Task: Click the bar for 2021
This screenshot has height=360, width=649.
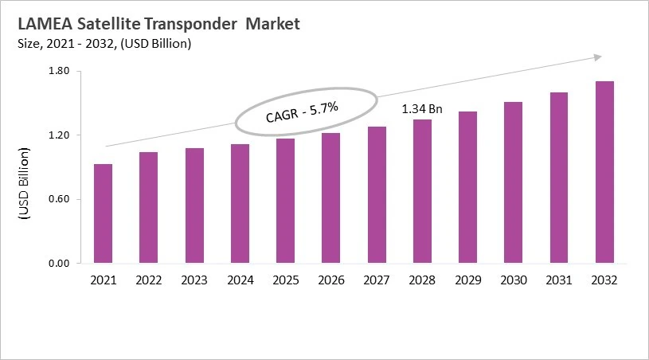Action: [x=103, y=213]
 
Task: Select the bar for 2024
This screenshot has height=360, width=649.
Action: [x=240, y=203]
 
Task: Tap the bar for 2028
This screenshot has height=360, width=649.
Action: [x=422, y=191]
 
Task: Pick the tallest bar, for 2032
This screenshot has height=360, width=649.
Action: [x=604, y=172]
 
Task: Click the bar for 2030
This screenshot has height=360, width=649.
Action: [x=514, y=182]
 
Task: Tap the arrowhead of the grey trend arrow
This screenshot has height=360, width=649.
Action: [x=596, y=57]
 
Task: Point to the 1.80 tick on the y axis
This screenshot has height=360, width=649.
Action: [x=60, y=72]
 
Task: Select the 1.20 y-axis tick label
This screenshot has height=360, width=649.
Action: [x=60, y=135]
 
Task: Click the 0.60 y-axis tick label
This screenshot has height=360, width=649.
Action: [x=60, y=199]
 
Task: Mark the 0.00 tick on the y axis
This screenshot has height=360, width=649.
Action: [x=60, y=264]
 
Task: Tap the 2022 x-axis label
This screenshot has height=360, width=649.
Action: [x=148, y=280]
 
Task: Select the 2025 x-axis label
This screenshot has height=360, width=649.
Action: [x=285, y=280]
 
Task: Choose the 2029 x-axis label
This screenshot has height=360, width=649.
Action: [x=467, y=280]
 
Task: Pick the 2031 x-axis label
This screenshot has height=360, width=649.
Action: [x=559, y=280]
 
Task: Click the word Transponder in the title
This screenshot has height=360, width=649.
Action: [x=191, y=24]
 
